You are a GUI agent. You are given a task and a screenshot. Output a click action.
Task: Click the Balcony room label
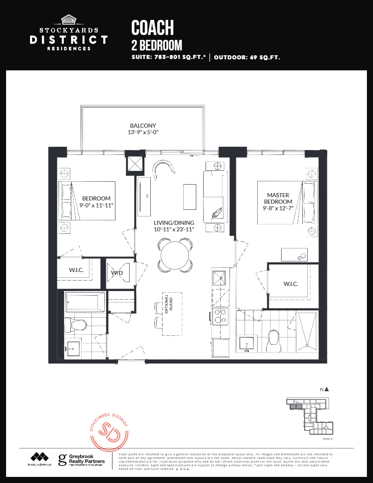pyautogui.click(x=143, y=126)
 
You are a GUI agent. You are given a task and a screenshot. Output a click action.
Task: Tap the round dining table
pyautogui.click(x=175, y=255)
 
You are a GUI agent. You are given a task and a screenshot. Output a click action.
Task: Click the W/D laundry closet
pyautogui.click(x=117, y=273)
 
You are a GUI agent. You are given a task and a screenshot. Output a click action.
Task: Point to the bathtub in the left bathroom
pyautogui.click(x=85, y=302)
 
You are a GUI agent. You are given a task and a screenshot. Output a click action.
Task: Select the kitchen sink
pyautogui.click(x=219, y=278)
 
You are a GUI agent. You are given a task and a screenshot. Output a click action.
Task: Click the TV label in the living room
pyautogui.click(x=147, y=196)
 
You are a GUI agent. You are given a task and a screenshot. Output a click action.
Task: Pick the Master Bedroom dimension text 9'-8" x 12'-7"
pyautogui.click(x=278, y=209)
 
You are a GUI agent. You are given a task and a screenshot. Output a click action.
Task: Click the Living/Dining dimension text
pyautogui.click(x=174, y=229)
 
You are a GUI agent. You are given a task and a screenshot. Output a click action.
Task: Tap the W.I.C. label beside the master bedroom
pyautogui.click(x=291, y=283)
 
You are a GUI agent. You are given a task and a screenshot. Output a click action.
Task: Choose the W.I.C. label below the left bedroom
pyautogui.click(x=76, y=270)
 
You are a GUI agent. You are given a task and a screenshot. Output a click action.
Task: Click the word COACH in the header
pyautogui.click(x=152, y=28)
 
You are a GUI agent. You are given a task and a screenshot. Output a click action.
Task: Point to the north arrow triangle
pyautogui.click(x=327, y=389)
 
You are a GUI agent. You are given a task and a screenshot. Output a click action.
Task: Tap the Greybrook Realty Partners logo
pyautogui.click(x=81, y=460)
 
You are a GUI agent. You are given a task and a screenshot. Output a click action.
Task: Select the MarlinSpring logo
pyautogui.click(x=40, y=459)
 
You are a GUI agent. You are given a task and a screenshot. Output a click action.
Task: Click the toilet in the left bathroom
pyautogui.click(x=76, y=325)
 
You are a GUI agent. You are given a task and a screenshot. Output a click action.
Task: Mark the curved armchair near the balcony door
pyautogui.click(x=164, y=168)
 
